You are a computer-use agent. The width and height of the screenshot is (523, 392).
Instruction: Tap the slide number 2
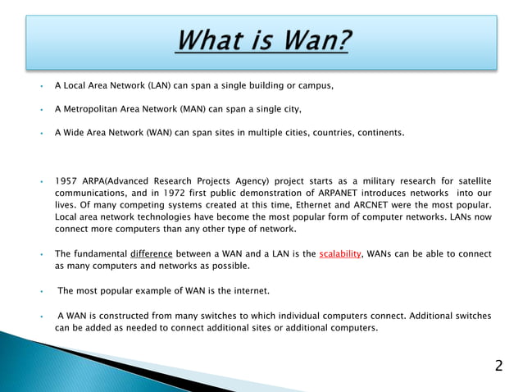tap(498, 366)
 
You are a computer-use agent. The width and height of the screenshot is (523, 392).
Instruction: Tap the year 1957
tap(67, 180)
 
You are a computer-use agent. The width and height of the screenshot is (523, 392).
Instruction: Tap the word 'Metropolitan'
tap(91, 108)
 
